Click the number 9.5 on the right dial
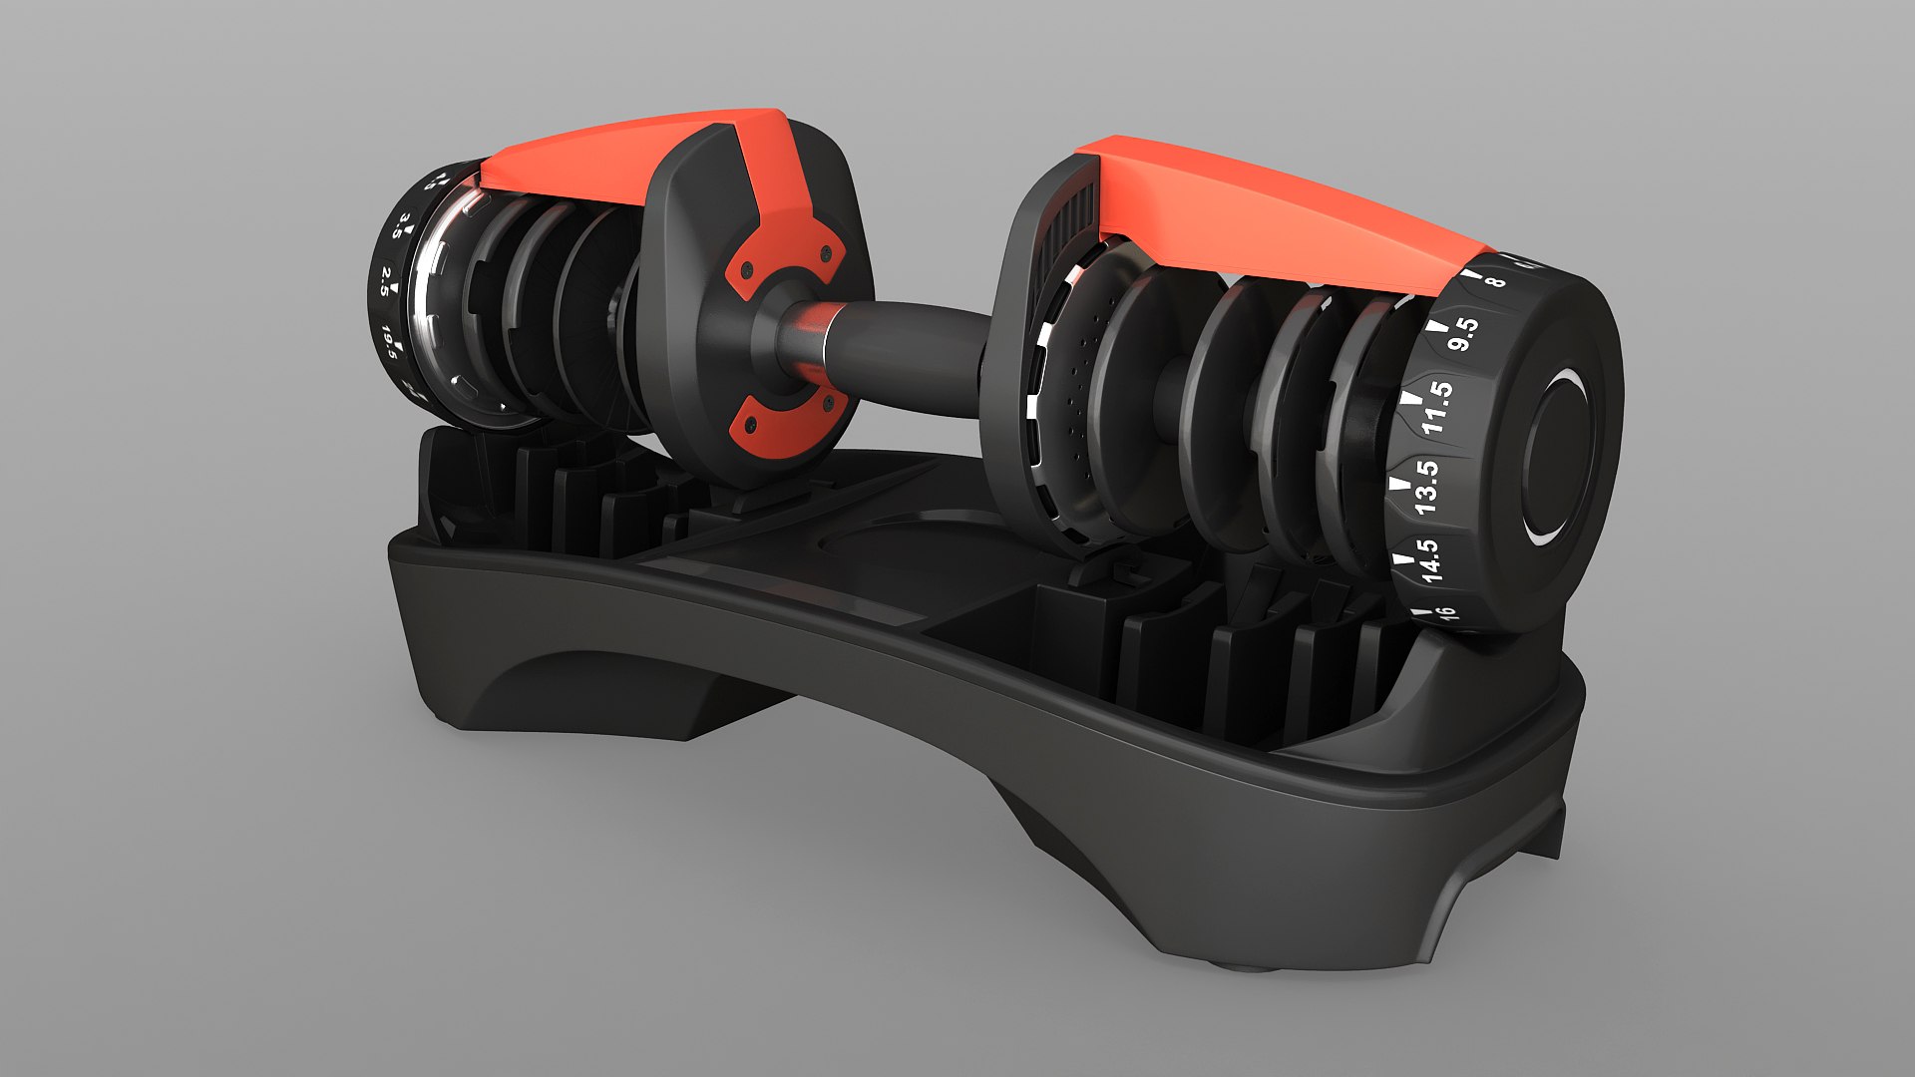[1462, 334]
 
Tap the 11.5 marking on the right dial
[1437, 407]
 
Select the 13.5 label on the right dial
[1426, 487]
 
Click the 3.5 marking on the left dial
[401, 226]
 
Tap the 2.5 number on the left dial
[385, 282]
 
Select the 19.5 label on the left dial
[390, 342]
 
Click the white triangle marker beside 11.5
[1410, 398]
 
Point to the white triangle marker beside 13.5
[1399, 483]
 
